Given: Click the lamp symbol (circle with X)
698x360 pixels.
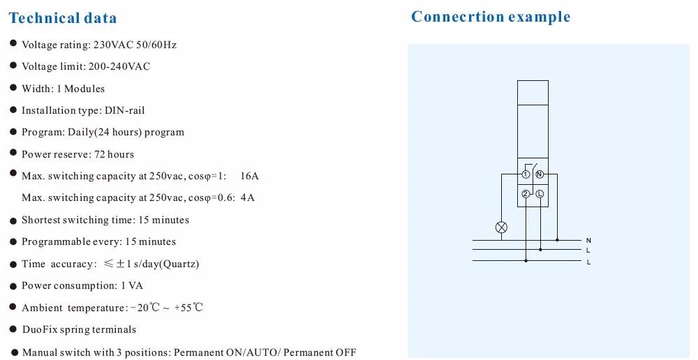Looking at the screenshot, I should tap(501, 227).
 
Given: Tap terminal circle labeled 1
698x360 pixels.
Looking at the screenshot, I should tap(526, 174).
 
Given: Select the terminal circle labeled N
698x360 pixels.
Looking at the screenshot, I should tap(540, 174).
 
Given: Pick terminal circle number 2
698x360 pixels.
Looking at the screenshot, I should tap(526, 195).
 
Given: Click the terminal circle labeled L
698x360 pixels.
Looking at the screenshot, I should tap(540, 195).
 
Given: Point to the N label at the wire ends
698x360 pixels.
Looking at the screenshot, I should tap(588, 240).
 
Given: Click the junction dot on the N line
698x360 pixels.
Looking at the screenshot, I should tap(557, 240).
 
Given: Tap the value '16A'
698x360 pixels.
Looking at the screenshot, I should tap(249, 176).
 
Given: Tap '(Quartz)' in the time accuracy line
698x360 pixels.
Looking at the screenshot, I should tap(179, 264).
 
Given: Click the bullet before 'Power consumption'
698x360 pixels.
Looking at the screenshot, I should tap(13, 285).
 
